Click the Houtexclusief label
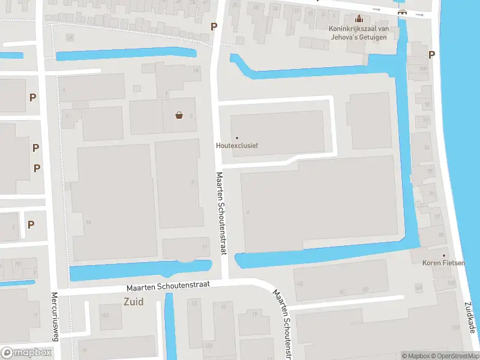click(x=237, y=145)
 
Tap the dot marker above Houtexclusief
click(x=237, y=138)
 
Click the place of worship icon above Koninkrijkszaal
click(x=359, y=19)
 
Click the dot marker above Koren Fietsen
click(x=445, y=255)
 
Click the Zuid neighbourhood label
click(x=133, y=302)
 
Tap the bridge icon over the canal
click(x=403, y=13)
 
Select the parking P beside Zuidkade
click(x=431, y=55)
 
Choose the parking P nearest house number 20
click(x=214, y=26)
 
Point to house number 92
click(x=427, y=104)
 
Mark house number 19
click(x=255, y=313)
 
